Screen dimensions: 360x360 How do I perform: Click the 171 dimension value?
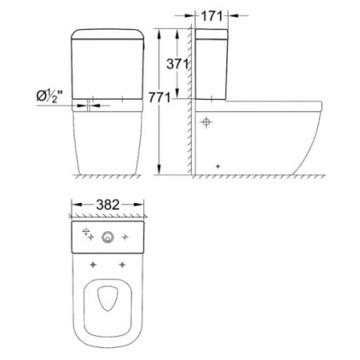coord(212,15)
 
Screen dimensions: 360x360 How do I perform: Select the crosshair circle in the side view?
coord(206,122)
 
